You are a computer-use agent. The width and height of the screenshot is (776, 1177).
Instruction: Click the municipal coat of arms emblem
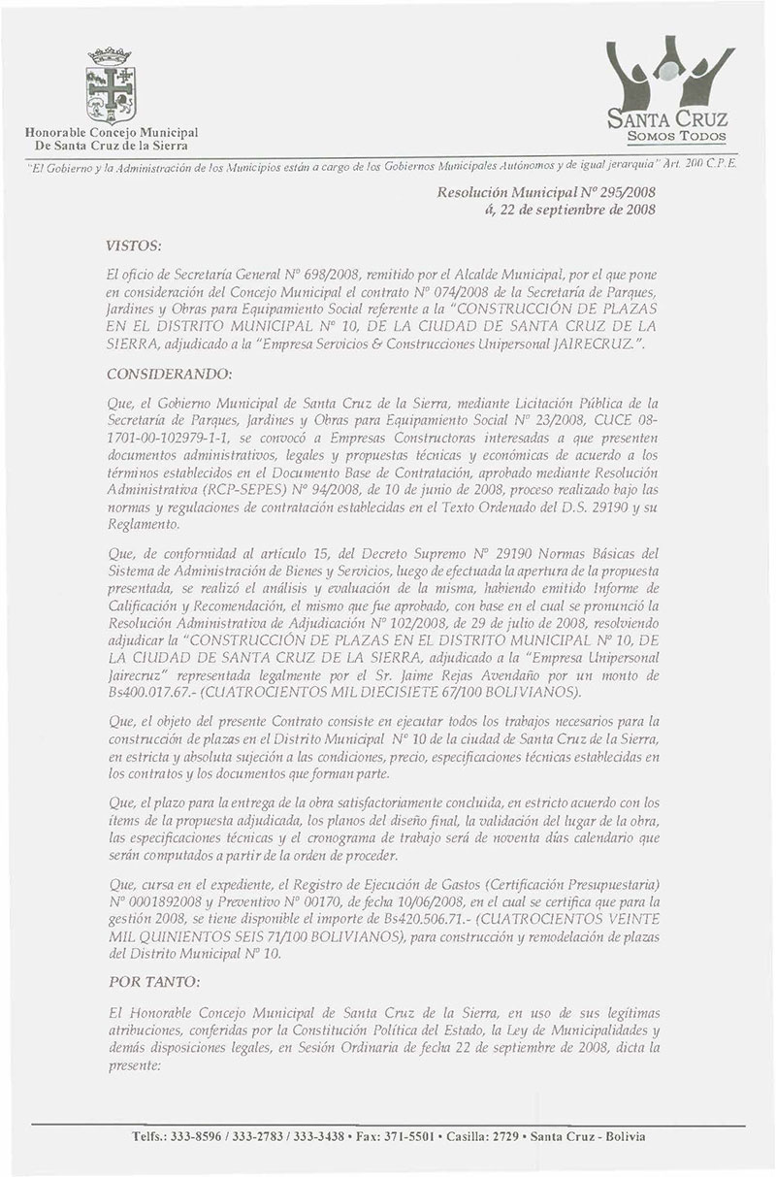[109, 82]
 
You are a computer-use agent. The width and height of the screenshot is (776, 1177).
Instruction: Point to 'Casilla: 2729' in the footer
[486, 1136]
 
